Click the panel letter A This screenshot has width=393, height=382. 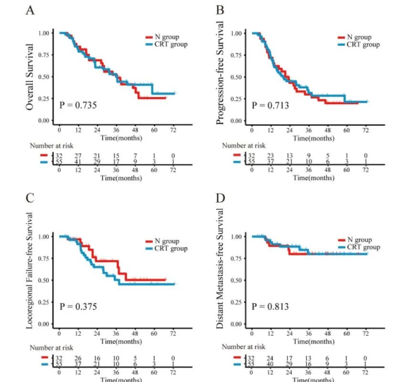(30, 11)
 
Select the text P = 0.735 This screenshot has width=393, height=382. (78, 104)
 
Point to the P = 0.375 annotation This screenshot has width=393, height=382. (78, 306)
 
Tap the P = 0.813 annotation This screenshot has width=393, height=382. (270, 306)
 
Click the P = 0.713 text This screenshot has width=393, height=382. (270, 105)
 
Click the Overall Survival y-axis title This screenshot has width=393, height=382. (30, 76)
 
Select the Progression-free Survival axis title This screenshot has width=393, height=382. (221, 73)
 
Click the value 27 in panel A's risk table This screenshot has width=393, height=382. (78, 155)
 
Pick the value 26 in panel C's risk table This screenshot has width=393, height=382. (78, 358)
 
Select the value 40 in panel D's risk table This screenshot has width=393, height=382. (270, 365)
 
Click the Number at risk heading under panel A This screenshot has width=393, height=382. (52, 145)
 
